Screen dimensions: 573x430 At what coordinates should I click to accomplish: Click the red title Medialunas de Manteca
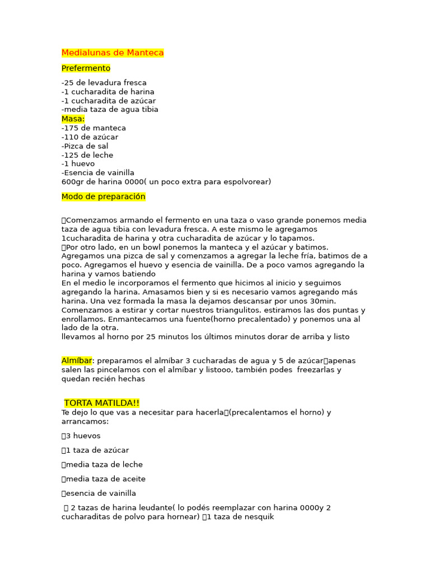(x=113, y=53)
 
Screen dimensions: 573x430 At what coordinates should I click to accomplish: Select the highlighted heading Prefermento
(x=86, y=68)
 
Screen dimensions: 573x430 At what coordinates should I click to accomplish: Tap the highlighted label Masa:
(x=73, y=119)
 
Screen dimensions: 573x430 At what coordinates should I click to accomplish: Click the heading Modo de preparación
(x=103, y=197)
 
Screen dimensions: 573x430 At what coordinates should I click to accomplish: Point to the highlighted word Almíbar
(x=76, y=361)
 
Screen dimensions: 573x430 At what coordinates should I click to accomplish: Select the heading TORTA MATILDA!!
(x=101, y=403)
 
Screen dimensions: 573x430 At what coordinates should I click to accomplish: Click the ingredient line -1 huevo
(x=78, y=164)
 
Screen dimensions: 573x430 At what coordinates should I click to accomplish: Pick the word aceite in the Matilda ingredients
(x=134, y=479)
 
